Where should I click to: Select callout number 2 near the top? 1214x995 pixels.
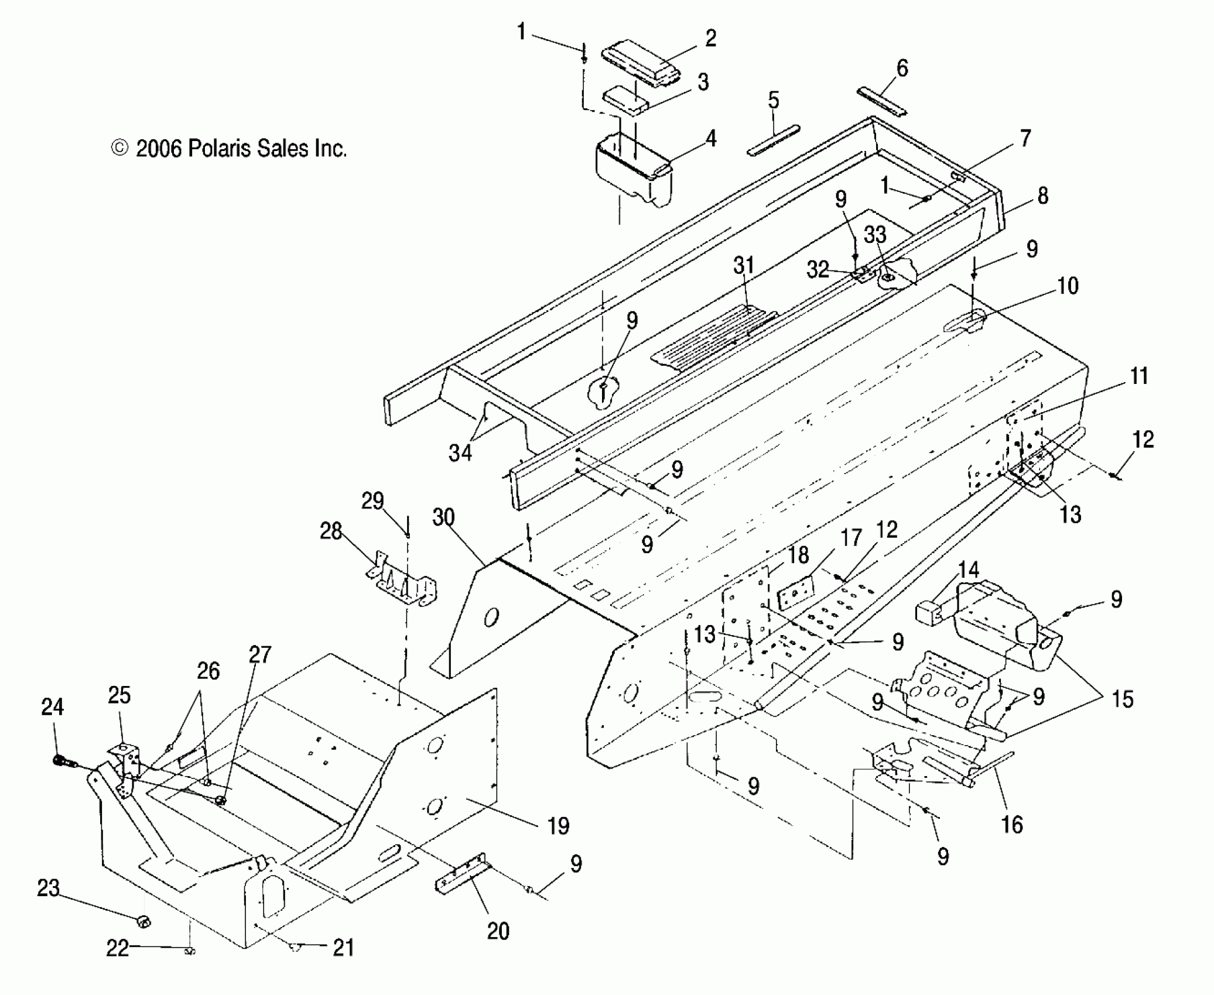pyautogui.click(x=710, y=39)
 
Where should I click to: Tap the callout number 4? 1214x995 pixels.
pyautogui.click(x=710, y=139)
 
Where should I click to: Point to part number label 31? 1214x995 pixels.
pyautogui.click(x=744, y=265)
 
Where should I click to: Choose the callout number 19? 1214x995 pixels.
pyautogui.click(x=558, y=826)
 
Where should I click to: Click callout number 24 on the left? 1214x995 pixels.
pyautogui.click(x=52, y=707)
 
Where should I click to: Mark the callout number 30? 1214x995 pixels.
pyautogui.click(x=444, y=517)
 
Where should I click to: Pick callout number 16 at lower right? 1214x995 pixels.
pyautogui.click(x=1012, y=825)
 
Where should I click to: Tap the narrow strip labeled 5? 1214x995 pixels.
pyautogui.click(x=774, y=140)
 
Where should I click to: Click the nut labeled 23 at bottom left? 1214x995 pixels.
pyautogui.click(x=143, y=922)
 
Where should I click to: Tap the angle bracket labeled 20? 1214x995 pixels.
pyautogui.click(x=461, y=877)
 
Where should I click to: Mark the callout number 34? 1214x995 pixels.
pyautogui.click(x=460, y=452)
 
